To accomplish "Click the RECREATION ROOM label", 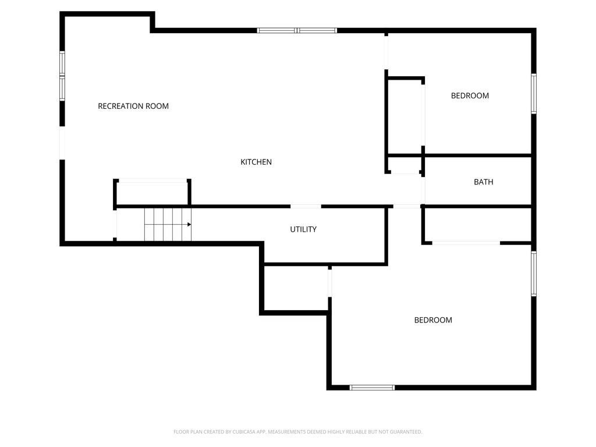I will click(x=133, y=106).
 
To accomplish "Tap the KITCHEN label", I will click(x=256, y=162).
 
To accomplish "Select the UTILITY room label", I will click(x=303, y=229).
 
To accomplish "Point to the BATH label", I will click(x=483, y=182).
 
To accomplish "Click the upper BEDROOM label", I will click(x=470, y=95).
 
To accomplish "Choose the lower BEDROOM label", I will click(x=433, y=320).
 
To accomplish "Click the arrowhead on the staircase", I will click(x=189, y=224).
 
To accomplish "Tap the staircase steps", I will click(x=166, y=225).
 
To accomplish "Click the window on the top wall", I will click(x=297, y=30).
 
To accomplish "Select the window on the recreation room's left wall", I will click(x=62, y=76).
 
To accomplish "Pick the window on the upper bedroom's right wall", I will click(x=533, y=93).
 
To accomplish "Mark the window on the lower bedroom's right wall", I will click(x=533, y=274).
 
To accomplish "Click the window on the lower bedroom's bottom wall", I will click(x=372, y=387).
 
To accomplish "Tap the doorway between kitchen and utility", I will click(x=306, y=206).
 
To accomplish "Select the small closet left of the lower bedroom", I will click(x=296, y=289).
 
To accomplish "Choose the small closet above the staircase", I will click(x=152, y=194).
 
